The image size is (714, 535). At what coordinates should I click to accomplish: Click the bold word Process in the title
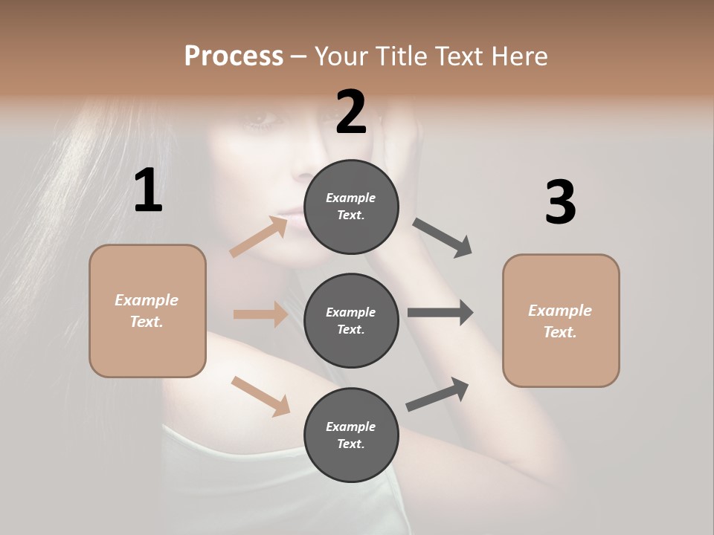point(234,56)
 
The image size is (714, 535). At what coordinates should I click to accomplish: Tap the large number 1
point(148,191)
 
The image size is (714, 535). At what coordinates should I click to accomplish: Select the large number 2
point(351,112)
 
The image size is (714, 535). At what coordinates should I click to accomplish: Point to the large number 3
point(560,202)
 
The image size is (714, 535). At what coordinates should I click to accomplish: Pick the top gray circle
point(351,207)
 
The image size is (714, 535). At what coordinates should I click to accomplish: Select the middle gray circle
point(351,320)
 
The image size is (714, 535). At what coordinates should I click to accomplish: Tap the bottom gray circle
point(351,435)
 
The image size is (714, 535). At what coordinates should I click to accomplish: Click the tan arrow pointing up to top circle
point(259,237)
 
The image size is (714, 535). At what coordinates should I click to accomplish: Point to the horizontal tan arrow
point(260,314)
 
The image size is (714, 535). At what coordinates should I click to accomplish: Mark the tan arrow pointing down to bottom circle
point(260,396)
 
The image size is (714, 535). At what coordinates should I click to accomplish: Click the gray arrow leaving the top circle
point(443,238)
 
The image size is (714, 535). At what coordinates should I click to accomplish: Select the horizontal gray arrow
point(440,313)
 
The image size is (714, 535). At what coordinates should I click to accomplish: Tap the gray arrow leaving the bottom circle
point(437,395)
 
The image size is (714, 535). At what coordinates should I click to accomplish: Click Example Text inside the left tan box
point(147,311)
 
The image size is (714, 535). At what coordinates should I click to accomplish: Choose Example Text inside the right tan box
point(560,321)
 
